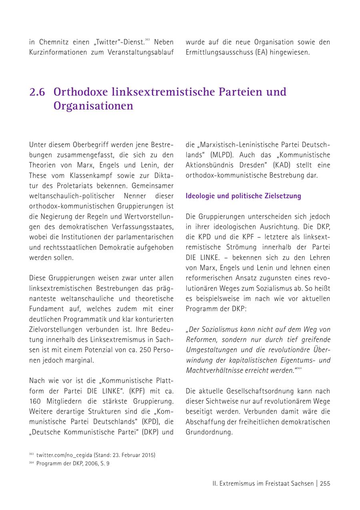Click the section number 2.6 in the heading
(x=37, y=92)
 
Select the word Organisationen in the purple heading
(x=93, y=106)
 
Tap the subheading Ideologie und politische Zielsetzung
(x=243, y=196)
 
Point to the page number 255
(x=325, y=483)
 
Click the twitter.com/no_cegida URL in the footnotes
(x=64, y=455)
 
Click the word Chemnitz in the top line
(x=54, y=42)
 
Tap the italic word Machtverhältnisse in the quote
(x=212, y=371)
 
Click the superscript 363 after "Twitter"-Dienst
(x=147, y=40)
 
